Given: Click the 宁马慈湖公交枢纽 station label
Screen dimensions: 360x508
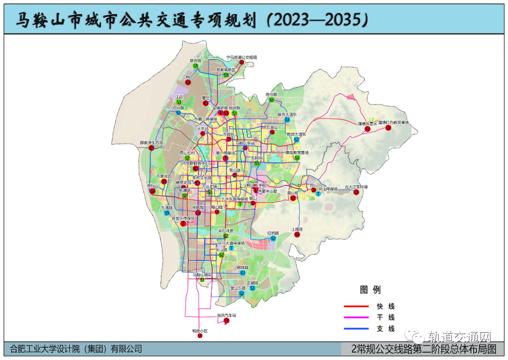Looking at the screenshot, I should click(241, 57).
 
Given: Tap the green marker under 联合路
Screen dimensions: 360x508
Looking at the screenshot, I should click(195, 66).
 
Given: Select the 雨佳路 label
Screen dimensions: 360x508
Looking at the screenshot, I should click(272, 94).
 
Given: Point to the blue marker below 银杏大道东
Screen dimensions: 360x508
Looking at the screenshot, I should click(287, 120).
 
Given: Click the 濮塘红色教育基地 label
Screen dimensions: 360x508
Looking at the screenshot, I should click(393, 122).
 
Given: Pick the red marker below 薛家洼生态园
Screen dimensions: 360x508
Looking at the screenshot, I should click(151, 148).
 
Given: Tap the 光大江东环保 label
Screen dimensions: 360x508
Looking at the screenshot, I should click(356, 187).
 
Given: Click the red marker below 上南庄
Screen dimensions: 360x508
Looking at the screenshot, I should click(297, 234).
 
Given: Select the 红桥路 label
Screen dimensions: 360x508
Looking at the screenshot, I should click(273, 233).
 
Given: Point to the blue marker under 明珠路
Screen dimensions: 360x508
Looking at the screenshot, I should click(243, 273).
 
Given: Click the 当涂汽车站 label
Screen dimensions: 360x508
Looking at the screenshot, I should click(226, 315).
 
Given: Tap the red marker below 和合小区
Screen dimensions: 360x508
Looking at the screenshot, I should click(200, 336).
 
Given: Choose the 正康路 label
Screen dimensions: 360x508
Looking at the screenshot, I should click(253, 283).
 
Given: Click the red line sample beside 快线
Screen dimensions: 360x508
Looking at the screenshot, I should click(357, 307).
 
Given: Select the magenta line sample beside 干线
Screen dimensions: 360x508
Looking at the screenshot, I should click(357, 318).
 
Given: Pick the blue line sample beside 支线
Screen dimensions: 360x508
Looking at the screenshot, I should click(357, 329).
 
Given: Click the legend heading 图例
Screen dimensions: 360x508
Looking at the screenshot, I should click(370, 289).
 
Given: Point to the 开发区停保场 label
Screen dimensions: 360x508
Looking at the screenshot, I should click(183, 218).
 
